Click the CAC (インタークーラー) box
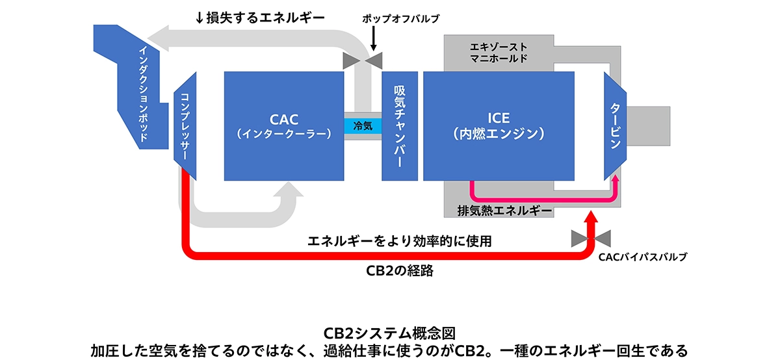[x=283, y=125]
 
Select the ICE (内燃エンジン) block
[x=499, y=125]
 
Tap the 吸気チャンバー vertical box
[x=399, y=125]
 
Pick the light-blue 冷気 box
[x=363, y=125]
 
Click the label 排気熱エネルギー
[x=504, y=211]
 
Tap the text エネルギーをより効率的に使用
[x=399, y=240]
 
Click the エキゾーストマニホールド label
[x=498, y=52]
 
